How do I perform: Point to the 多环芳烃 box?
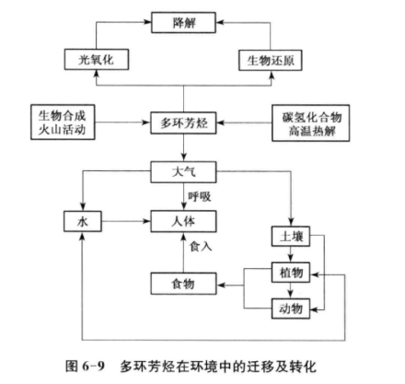186,121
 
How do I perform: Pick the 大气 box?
186,171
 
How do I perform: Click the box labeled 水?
83,221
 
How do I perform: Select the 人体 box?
186,221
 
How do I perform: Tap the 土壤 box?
290,237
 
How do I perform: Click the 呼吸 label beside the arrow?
200,195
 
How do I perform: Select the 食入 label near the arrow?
201,247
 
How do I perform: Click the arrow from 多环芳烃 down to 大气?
186,146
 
